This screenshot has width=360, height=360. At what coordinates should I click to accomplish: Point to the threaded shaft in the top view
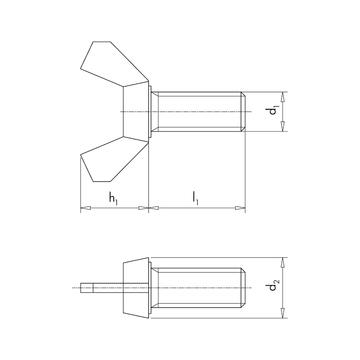pos(198,112)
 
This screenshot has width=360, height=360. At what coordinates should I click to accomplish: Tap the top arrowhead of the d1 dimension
pos(283,96)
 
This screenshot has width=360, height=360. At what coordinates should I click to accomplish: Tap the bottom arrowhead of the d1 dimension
pos(283,127)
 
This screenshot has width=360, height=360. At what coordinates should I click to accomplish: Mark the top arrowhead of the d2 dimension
pos(283,261)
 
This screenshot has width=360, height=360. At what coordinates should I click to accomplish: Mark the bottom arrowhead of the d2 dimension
pos(283,314)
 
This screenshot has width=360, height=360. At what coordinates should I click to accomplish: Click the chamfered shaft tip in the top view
pos(243,112)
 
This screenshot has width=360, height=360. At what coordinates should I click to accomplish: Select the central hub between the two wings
pos(135,112)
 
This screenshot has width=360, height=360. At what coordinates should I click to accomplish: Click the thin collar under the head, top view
pos(150,112)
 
